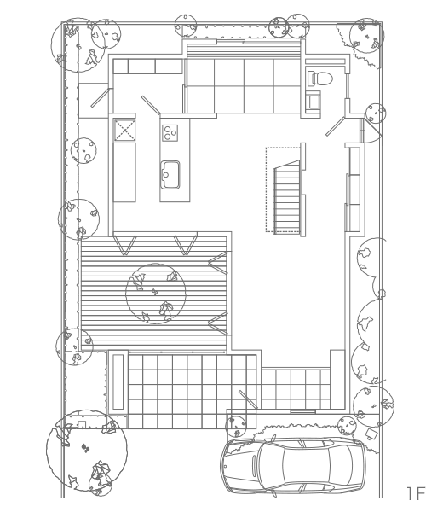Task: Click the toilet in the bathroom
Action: tap(319, 78)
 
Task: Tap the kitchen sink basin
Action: tap(170, 175)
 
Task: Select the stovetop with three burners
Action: tap(170, 133)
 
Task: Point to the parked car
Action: tap(294, 466)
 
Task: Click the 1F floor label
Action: tap(415, 493)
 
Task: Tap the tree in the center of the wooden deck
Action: tap(155, 294)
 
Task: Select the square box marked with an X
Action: tap(124, 130)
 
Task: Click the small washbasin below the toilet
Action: tap(314, 101)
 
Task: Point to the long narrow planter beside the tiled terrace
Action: tap(118, 381)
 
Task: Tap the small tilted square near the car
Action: tap(372, 433)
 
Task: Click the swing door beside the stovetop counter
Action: tap(151, 105)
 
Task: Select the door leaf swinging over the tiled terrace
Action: tap(248, 399)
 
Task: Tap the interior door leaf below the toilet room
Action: tap(335, 126)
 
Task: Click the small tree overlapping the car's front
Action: tap(236, 426)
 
